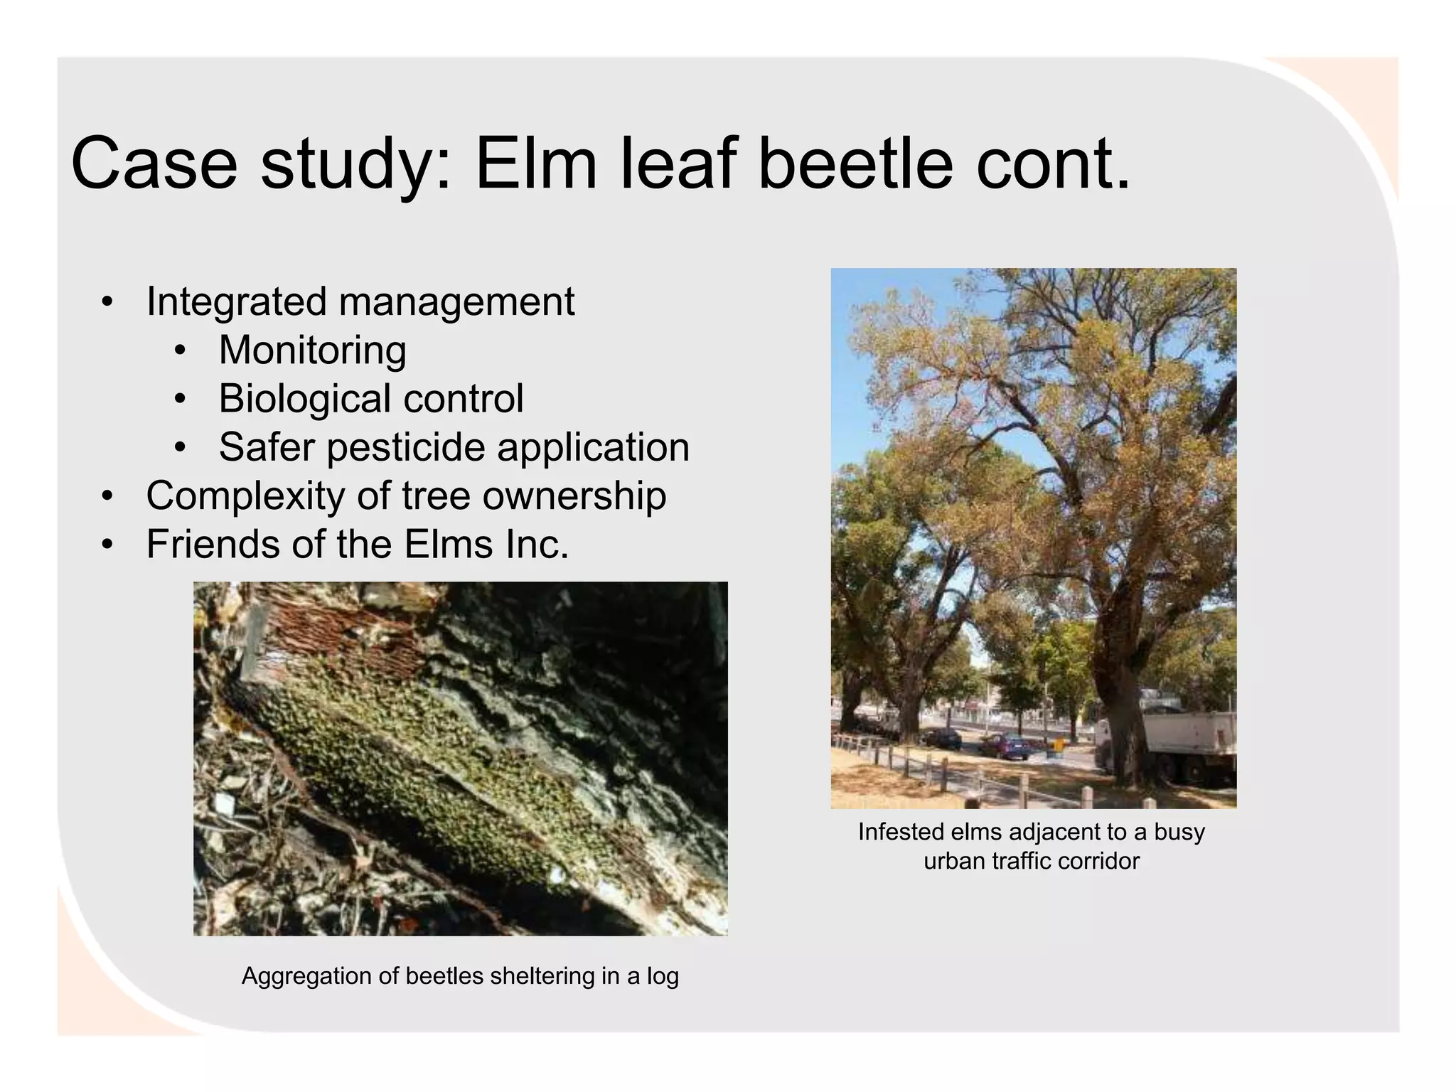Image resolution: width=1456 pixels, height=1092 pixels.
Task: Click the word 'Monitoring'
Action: tap(312, 350)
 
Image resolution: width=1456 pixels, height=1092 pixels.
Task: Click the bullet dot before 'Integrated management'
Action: tap(107, 302)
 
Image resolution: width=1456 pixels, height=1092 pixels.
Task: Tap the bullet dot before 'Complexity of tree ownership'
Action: tap(107, 496)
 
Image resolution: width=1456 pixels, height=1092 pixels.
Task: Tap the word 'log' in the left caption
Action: tap(662, 977)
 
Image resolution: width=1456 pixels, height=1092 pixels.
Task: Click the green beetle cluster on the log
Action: tap(398, 754)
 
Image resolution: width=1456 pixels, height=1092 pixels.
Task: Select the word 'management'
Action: tap(456, 302)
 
